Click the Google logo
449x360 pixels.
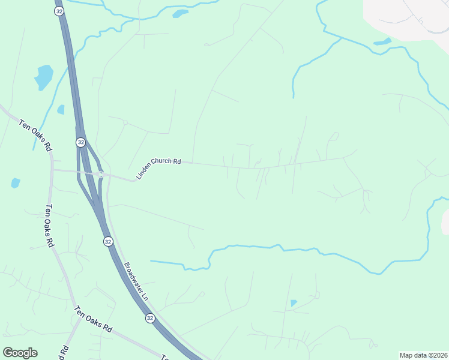tap(20, 353)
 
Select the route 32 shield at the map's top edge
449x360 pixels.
tap(58, 11)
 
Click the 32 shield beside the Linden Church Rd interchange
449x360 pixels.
tap(80, 142)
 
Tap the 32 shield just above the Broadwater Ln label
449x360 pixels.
tap(107, 241)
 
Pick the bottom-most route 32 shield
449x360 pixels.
tap(150, 318)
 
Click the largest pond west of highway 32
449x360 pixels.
tap(44, 77)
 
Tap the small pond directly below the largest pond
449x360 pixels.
tap(61, 110)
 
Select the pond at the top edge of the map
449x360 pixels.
tap(180, 13)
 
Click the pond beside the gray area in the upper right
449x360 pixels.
tap(382, 42)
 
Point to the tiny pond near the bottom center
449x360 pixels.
tap(293, 303)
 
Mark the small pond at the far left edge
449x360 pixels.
tap(15, 182)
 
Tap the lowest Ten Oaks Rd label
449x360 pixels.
tap(93, 320)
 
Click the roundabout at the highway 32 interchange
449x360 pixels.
tap(101, 175)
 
